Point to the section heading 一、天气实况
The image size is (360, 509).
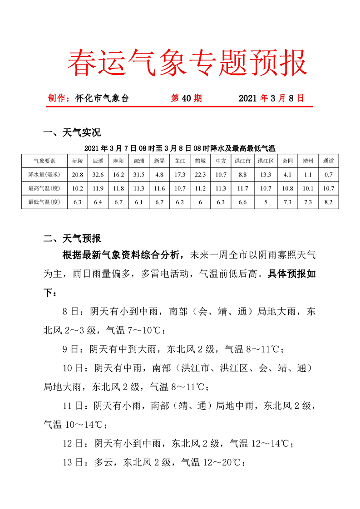[72, 133]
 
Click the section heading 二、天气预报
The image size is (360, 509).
[72, 239]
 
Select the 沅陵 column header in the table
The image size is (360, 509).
[78, 161]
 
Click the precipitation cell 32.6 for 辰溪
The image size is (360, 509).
[98, 175]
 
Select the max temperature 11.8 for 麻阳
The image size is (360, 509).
[118, 188]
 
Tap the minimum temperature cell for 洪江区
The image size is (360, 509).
[266, 202]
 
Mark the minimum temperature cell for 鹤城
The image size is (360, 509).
[200, 202]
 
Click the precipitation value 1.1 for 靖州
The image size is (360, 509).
[308, 175]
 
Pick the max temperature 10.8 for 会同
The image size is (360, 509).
[287, 188]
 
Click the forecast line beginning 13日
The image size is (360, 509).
[154, 462]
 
